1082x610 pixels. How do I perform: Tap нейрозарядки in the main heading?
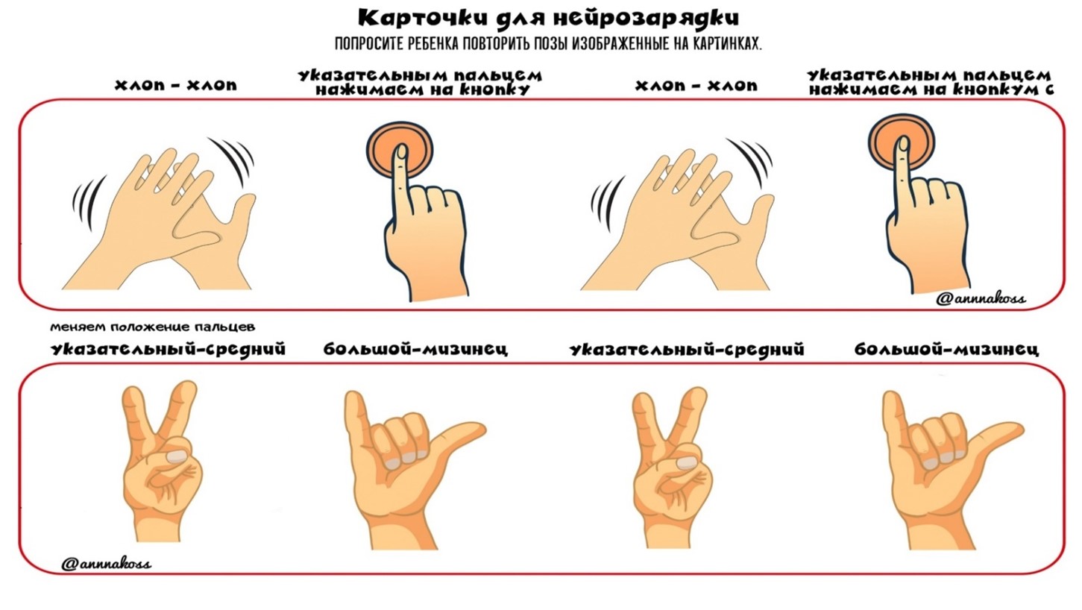coord(647,19)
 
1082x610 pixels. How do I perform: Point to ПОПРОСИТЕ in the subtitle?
coord(369,44)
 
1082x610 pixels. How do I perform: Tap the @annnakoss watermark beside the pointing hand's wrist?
coord(981,299)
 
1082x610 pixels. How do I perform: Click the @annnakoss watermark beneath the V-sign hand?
coord(107,564)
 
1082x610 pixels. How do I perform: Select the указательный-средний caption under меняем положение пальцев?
coord(168,350)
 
